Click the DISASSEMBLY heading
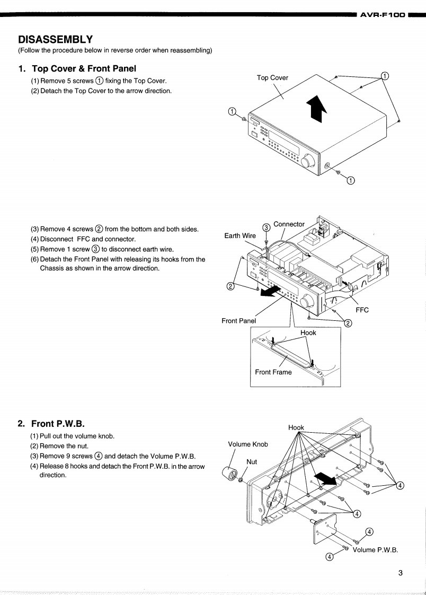pyautogui.click(x=56, y=39)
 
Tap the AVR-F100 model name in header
pyautogui.click(x=383, y=15)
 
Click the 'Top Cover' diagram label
pyautogui.click(x=272, y=77)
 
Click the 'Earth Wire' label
pyautogui.click(x=240, y=235)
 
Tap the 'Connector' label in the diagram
pyautogui.click(x=289, y=224)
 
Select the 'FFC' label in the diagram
pyautogui.click(x=362, y=310)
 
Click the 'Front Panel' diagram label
pyautogui.click(x=238, y=320)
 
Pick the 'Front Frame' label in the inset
pyautogui.click(x=273, y=372)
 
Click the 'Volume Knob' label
pyautogui.click(x=248, y=444)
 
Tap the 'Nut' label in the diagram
pyautogui.click(x=252, y=461)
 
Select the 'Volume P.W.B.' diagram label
pyautogui.click(x=375, y=549)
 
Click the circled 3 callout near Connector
pyautogui.click(x=267, y=227)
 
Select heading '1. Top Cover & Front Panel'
pyautogui.click(x=77, y=68)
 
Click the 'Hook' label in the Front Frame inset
pyautogui.click(x=308, y=332)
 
